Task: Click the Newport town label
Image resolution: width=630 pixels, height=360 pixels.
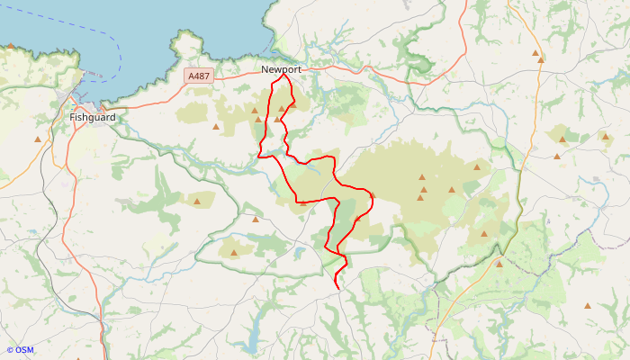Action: [x=281, y=69]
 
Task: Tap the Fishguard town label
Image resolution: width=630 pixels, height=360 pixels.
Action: [x=92, y=117]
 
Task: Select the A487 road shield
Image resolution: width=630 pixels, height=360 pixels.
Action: [x=198, y=76]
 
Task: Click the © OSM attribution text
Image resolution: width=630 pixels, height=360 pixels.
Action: [x=20, y=350]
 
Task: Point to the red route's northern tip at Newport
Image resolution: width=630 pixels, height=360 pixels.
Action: [x=284, y=75]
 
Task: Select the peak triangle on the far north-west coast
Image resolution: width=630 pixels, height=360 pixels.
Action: [x=11, y=45]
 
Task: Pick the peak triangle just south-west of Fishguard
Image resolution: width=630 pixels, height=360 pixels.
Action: [x=38, y=139]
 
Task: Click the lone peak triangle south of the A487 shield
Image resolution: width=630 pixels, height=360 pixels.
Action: [x=216, y=126]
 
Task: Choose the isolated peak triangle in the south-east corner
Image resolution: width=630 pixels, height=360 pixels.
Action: [x=588, y=306]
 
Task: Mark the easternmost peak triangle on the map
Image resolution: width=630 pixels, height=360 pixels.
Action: [x=605, y=137]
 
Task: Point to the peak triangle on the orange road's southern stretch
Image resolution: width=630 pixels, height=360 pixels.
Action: [x=499, y=264]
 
